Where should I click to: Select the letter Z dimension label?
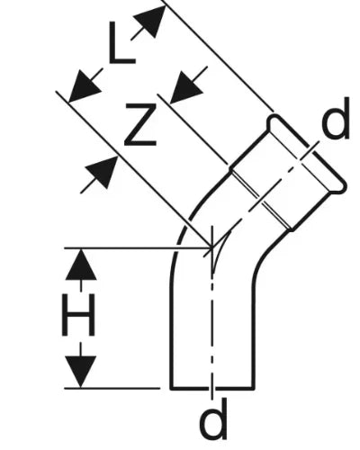pyautogui.click(x=140, y=124)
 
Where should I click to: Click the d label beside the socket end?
pyautogui.click(x=336, y=119)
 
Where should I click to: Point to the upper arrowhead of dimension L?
pyautogui.click(x=150, y=21)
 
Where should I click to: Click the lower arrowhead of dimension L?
pyautogui.click(x=84, y=87)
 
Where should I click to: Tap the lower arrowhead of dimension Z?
pyautogui.click(x=102, y=172)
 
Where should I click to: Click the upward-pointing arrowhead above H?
pyautogui.click(x=81, y=265)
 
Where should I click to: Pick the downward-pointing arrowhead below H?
pyautogui.click(x=81, y=372)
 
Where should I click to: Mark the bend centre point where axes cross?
pyautogui.click(x=212, y=247)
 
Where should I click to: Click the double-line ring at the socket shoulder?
pyautogui.click(x=260, y=199)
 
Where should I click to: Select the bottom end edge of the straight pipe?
pyautogui.click(x=212, y=388)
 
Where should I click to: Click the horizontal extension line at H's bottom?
pyautogui.click(x=112, y=388)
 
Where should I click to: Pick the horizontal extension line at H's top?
pyautogui.click(x=138, y=247)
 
